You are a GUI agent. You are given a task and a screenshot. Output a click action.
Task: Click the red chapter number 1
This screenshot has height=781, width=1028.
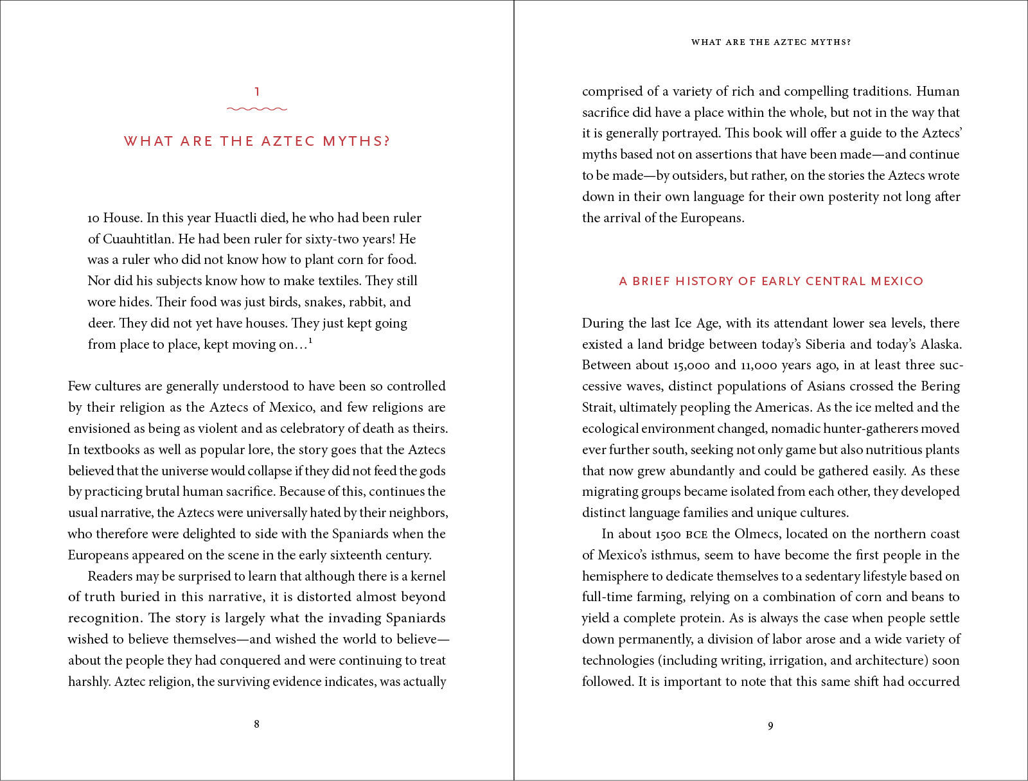click(x=257, y=92)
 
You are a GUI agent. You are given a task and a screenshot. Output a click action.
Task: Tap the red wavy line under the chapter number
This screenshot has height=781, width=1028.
click(x=257, y=109)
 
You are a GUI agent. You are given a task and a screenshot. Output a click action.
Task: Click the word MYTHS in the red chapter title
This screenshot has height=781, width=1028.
click(x=356, y=141)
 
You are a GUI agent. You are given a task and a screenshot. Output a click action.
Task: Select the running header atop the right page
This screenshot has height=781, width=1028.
click(x=770, y=42)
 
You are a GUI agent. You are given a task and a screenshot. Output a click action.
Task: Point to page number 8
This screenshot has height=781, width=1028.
click(x=257, y=724)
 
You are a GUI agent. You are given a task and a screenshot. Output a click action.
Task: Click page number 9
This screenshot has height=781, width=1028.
click(x=770, y=726)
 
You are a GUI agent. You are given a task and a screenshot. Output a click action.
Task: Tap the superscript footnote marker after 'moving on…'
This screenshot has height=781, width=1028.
click(x=311, y=340)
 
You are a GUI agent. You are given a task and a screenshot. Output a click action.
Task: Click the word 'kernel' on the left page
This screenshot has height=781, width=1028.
click(x=428, y=576)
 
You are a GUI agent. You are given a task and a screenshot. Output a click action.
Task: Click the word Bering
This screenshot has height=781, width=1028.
click(x=940, y=387)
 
